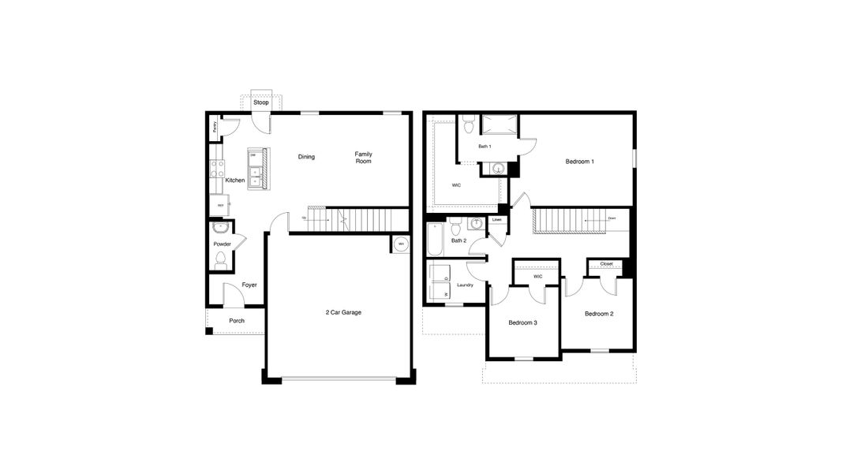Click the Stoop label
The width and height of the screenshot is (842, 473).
click(x=260, y=102)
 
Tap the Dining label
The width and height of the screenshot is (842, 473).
click(x=306, y=157)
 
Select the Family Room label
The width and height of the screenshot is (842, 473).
click(x=363, y=158)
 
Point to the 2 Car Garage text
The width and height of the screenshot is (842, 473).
click(x=343, y=313)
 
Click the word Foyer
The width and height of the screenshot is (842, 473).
click(x=249, y=285)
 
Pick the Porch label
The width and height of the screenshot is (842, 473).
click(x=237, y=321)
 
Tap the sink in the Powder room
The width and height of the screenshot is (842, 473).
click(x=221, y=229)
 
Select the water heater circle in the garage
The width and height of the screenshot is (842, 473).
click(x=401, y=244)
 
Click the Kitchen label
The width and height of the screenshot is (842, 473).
click(x=234, y=181)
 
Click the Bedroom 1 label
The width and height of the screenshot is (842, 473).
click(x=580, y=162)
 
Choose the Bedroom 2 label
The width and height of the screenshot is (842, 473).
click(x=599, y=314)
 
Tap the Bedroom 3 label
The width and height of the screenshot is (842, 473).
click(x=522, y=322)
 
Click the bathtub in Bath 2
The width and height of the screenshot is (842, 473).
click(x=435, y=240)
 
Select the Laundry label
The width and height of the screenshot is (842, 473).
click(x=465, y=285)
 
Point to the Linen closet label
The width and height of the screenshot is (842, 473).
click(x=497, y=220)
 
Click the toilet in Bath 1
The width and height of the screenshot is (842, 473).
click(x=468, y=125)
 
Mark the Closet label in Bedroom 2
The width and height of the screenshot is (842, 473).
click(x=606, y=264)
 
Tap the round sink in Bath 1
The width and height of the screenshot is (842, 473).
click(x=497, y=168)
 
